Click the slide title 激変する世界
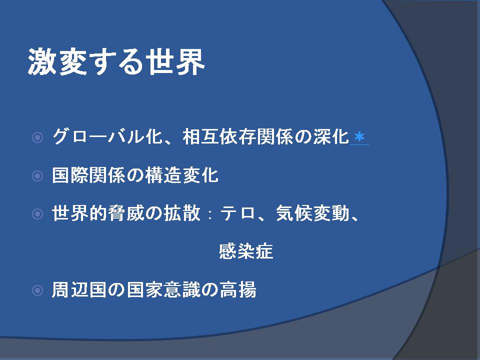click(116, 62)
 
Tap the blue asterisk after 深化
click(359, 137)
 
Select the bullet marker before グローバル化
click(37, 137)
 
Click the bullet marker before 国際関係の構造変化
click(37, 176)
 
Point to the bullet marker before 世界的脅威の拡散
click(37, 214)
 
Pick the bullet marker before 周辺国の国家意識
click(37, 290)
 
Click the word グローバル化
click(107, 136)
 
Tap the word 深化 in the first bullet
click(331, 136)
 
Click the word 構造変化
click(182, 175)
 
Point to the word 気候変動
click(312, 213)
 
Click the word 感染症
click(246, 251)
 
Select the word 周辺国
click(79, 289)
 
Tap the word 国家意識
click(163, 289)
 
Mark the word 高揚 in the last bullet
click(238, 289)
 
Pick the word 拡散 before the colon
click(182, 213)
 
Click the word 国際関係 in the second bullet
click(89, 175)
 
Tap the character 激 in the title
click(42, 62)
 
